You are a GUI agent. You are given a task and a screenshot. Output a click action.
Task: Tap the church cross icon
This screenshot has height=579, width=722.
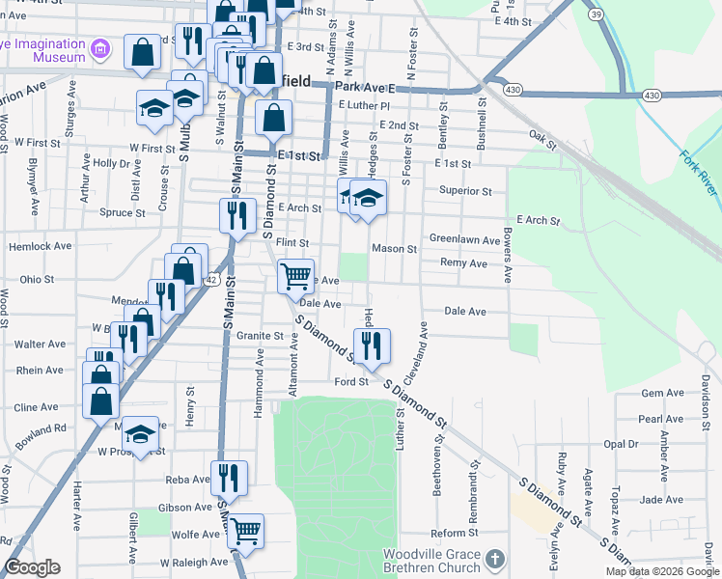494,559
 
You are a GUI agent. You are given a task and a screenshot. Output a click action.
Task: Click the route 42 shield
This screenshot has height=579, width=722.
211,279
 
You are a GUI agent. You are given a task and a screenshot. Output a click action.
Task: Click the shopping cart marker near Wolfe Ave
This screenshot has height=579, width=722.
246,530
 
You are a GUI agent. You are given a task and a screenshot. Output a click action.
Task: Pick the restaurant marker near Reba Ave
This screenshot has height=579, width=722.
230,478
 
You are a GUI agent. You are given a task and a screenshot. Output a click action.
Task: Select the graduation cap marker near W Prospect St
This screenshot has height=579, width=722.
141,435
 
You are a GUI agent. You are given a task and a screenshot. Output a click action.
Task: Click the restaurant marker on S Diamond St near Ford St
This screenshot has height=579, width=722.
372,345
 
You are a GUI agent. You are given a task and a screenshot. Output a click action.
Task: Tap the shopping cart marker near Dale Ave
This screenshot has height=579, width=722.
295,276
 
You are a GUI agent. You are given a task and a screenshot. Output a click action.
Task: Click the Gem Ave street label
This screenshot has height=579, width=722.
661,394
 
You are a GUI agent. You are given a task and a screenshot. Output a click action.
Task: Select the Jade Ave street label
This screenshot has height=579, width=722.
661,499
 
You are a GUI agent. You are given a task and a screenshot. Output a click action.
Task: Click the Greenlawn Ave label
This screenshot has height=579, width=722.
464,240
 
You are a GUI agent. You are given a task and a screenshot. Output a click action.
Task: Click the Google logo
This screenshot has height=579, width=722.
32,567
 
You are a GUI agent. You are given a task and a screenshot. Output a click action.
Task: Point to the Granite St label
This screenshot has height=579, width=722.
264,337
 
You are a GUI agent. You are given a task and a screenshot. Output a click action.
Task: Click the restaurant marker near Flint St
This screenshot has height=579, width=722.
237,216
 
